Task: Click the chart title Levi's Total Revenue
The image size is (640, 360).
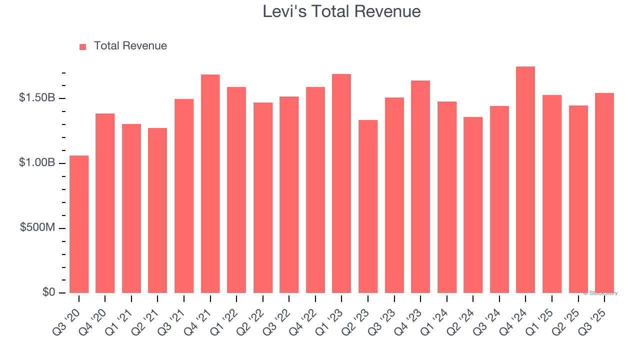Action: click(341, 11)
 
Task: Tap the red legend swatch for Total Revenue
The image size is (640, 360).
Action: click(83, 46)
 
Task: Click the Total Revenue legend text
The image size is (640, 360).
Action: click(130, 46)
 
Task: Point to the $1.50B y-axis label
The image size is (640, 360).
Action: click(37, 98)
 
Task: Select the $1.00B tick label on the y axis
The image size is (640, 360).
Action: click(37, 163)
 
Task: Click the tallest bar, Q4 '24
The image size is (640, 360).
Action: click(525, 180)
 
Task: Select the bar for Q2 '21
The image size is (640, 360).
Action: click(157, 210)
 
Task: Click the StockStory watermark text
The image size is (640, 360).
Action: click(600, 293)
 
